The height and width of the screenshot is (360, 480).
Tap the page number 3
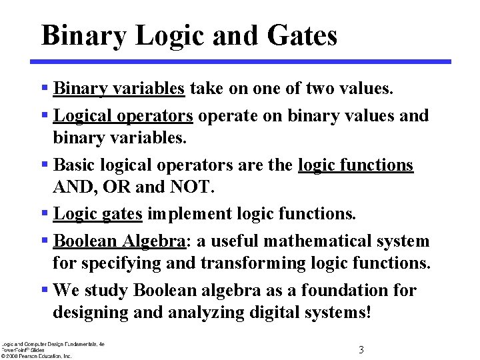361,350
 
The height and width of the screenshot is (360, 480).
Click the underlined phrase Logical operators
123,115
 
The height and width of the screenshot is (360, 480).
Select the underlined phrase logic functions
356,165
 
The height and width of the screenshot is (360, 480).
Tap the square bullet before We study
44,290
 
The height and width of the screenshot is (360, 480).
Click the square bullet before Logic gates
44,213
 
